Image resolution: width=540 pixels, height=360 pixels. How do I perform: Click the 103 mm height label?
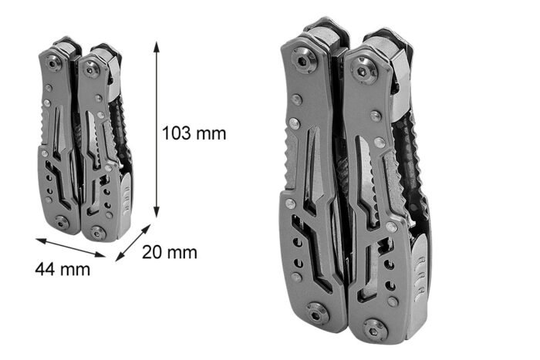tap(194, 133)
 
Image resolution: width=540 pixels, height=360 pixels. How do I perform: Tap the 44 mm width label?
tap(62, 269)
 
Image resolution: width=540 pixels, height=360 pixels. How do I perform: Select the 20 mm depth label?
tap(170, 252)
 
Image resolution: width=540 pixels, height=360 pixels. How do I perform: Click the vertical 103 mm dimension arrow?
tap(157, 130)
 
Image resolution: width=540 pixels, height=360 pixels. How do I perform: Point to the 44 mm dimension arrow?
tap(70, 247)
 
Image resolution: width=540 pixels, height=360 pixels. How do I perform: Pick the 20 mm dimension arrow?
tap(133, 243)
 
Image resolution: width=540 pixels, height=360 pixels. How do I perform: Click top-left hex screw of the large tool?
tap(304, 61)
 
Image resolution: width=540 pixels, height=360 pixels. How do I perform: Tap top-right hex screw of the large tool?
tap(363, 71)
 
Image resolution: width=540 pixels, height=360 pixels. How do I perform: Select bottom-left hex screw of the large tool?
tap(318, 313)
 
